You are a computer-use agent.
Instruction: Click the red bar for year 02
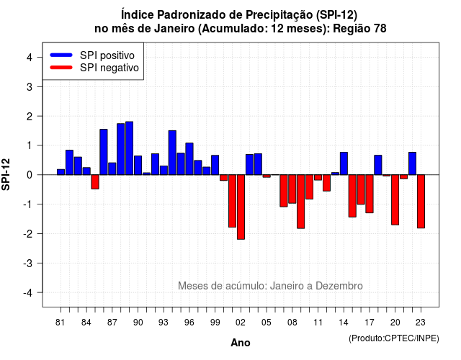click(x=241, y=207)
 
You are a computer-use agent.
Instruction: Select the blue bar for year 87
click(x=112, y=168)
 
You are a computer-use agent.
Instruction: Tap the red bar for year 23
click(x=421, y=202)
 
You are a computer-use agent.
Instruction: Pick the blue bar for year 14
click(x=344, y=163)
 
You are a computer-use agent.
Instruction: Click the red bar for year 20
click(x=395, y=200)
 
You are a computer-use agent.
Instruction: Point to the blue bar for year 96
click(x=189, y=158)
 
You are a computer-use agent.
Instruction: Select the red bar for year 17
click(x=370, y=194)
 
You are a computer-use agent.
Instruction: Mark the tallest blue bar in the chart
click(x=130, y=148)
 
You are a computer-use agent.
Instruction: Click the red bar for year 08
click(x=292, y=189)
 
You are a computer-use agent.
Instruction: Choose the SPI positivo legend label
click(x=107, y=55)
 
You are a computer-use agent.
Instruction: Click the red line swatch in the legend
click(x=61, y=67)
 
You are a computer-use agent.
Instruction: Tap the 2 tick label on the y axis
click(x=30, y=117)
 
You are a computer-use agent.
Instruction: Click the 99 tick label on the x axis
click(x=215, y=323)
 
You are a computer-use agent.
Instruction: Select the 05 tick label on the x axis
click(x=267, y=323)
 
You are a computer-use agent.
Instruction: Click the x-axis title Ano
click(x=241, y=343)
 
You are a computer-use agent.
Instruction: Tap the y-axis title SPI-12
click(x=6, y=174)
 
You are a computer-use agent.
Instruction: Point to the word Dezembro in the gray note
click(x=339, y=286)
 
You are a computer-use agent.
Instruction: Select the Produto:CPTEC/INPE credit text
click(x=394, y=338)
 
